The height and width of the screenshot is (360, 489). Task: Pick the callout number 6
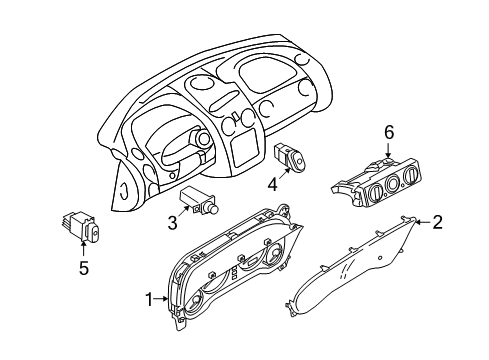click(388, 132)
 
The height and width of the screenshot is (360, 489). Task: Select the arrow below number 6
click(388, 149)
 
